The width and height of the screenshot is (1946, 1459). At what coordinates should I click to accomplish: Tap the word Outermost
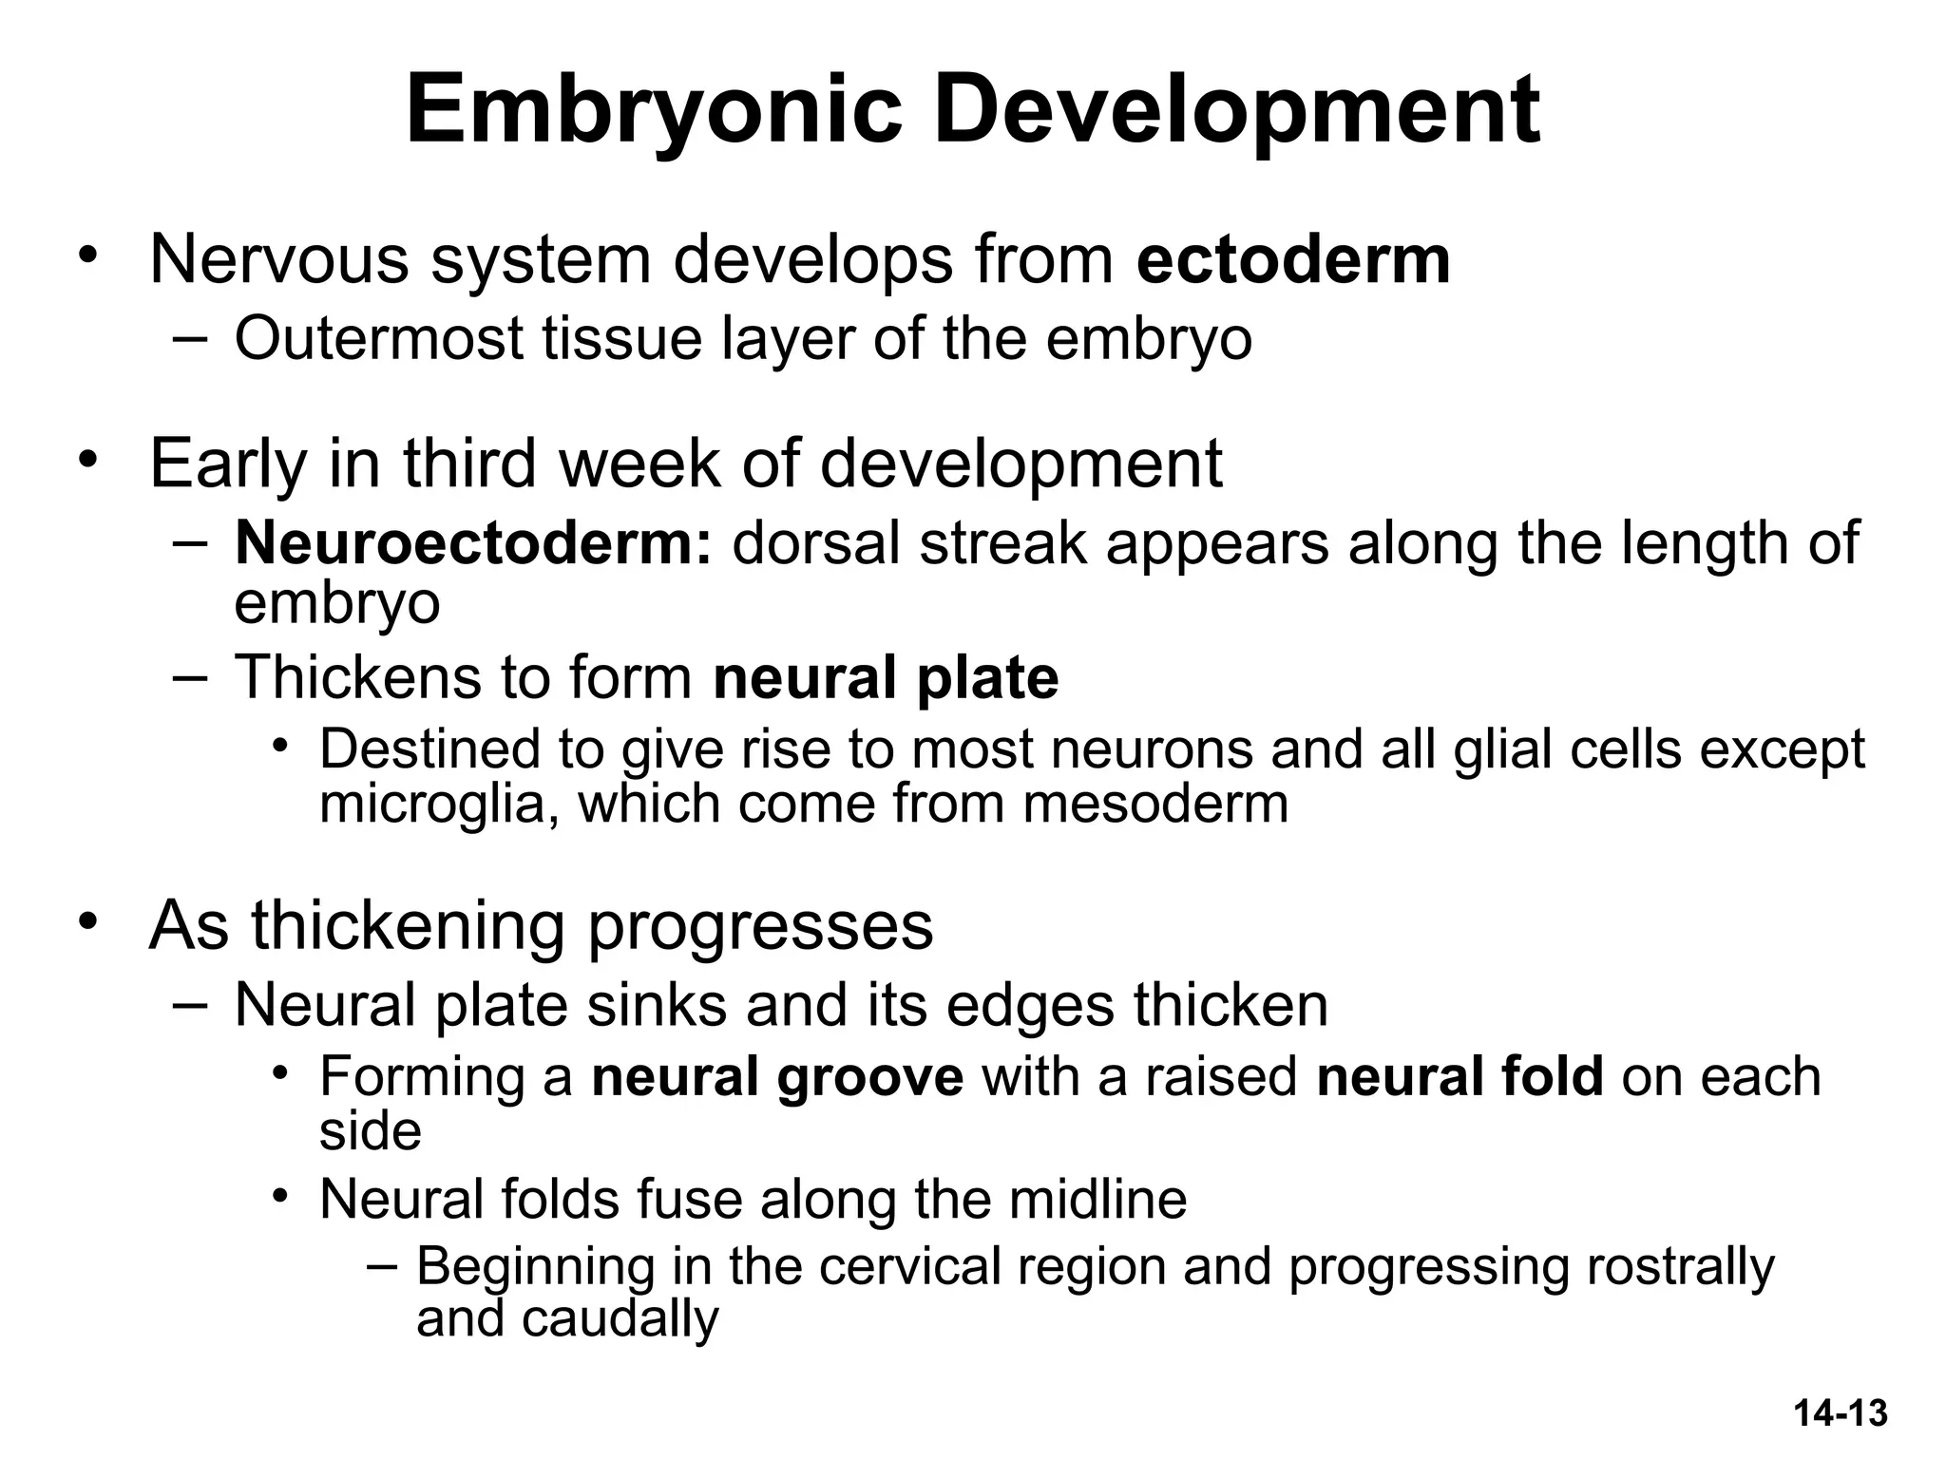coord(379,338)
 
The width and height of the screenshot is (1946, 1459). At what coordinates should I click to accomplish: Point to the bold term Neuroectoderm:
coord(473,543)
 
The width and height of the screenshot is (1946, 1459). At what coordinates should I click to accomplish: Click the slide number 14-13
coord(1841,1412)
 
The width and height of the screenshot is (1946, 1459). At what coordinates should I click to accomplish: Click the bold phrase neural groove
coord(777,1076)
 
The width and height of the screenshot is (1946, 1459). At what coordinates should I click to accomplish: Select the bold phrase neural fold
coord(1459,1076)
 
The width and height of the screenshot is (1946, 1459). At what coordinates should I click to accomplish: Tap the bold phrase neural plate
coord(886,678)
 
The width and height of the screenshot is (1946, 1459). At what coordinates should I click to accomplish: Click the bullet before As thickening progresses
coord(88,921)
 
